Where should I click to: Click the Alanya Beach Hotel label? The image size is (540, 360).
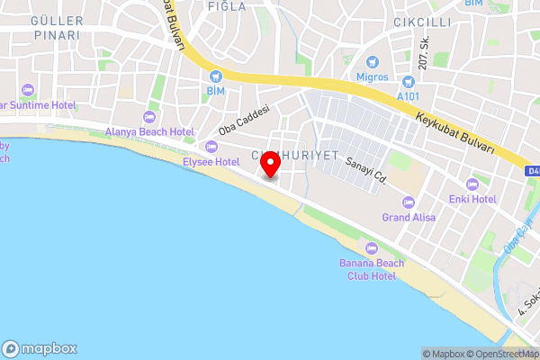pyautogui.click(x=149, y=131)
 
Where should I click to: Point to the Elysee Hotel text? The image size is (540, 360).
pyautogui.click(x=211, y=162)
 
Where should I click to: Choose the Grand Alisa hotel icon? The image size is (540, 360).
pyautogui.click(x=409, y=202)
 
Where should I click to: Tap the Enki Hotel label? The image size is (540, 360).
pyautogui.click(x=471, y=198)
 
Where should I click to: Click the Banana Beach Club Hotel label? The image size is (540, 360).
pyautogui.click(x=372, y=269)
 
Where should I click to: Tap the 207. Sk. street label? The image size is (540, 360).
pyautogui.click(x=423, y=56)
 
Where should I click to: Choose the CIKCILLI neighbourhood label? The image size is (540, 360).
pyautogui.click(x=422, y=21)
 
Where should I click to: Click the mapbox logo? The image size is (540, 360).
pyautogui.click(x=40, y=349)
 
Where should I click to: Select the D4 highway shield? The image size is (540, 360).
pyautogui.click(x=533, y=169)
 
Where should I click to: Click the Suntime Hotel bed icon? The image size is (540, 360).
pyautogui.click(x=27, y=90)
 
